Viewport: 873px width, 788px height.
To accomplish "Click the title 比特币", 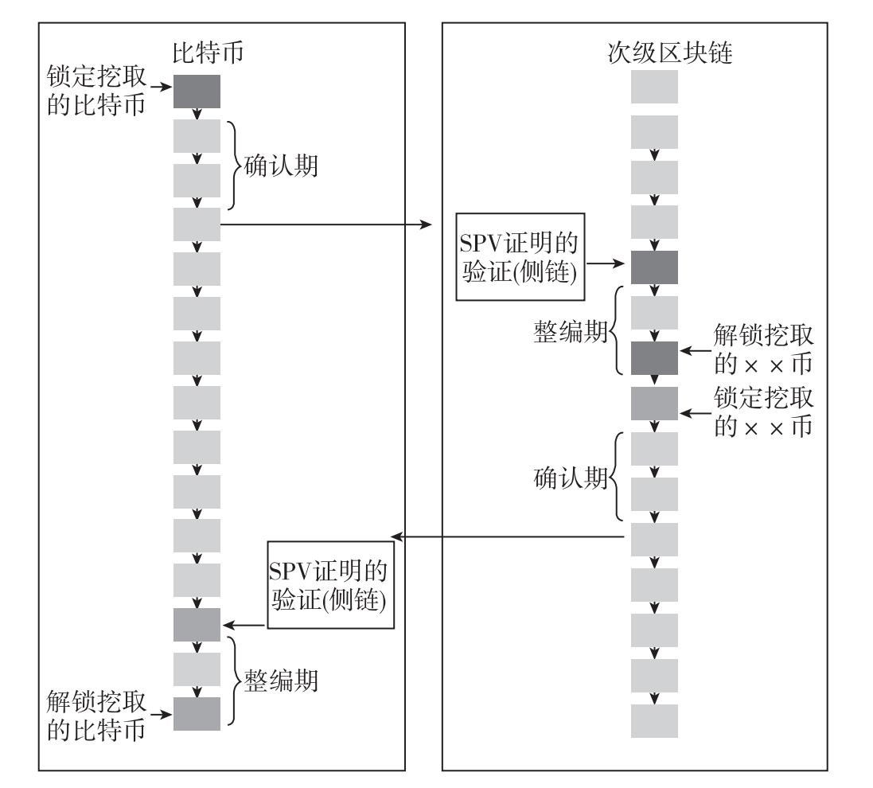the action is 208,53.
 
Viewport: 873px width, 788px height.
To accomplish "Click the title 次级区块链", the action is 669,53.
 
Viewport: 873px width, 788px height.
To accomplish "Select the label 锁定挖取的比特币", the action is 95,91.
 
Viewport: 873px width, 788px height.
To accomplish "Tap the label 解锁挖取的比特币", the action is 95,716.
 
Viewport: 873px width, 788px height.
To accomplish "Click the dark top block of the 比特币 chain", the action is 197,92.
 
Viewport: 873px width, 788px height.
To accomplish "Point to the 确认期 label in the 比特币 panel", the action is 281,166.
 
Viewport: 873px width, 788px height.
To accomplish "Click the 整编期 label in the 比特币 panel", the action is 281,681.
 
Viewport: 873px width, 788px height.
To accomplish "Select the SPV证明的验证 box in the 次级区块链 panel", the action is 520,257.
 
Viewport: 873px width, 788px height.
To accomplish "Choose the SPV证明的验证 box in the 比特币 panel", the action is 331,585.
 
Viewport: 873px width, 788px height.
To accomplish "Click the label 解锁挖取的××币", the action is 763,349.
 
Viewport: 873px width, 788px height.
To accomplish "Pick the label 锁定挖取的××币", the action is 763,412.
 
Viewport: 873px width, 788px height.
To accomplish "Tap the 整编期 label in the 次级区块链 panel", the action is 570,332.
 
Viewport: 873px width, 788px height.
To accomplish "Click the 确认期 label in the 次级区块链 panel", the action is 570,478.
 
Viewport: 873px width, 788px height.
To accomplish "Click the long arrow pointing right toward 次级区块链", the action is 326,224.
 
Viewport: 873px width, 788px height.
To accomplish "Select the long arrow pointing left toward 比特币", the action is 507,536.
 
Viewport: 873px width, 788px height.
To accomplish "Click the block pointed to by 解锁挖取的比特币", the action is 197,714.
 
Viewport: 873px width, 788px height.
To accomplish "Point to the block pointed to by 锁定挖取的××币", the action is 654,404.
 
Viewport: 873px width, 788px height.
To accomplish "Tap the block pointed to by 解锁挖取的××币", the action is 654,358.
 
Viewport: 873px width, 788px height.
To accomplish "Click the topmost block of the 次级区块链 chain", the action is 654,87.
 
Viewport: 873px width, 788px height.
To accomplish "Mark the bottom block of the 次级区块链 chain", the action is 654,721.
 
